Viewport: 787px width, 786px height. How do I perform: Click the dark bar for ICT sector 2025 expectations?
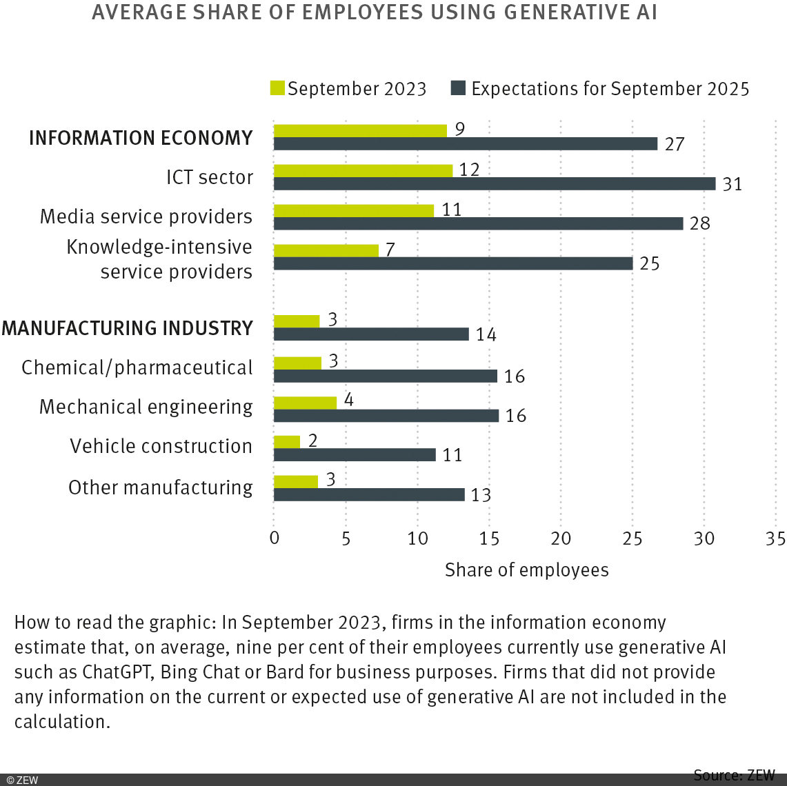pyautogui.click(x=495, y=183)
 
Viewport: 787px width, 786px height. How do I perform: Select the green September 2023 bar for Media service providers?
pyautogui.click(x=354, y=210)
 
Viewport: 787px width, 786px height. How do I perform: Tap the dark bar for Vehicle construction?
pyautogui.click(x=355, y=454)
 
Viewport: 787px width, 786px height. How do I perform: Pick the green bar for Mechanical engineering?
pyautogui.click(x=305, y=403)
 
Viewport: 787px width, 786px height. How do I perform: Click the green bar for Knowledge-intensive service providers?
pyautogui.click(x=326, y=250)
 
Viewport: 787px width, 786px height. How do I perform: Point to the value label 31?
pyautogui.click(x=732, y=185)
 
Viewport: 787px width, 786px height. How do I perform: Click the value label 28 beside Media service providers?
pyautogui.click(x=699, y=224)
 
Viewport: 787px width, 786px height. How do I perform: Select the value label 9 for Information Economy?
pyautogui.click(x=459, y=129)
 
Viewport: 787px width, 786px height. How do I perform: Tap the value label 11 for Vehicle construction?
pyautogui.click(x=452, y=455)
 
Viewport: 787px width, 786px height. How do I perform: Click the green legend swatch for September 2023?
pyautogui.click(x=277, y=88)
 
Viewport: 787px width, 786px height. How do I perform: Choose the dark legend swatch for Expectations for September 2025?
pyautogui.click(x=458, y=88)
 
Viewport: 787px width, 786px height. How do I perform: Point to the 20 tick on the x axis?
pyautogui.click(x=561, y=538)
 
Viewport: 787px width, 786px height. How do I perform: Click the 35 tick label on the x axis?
pyautogui.click(x=775, y=538)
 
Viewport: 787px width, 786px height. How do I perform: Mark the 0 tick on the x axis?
pyautogui.click(x=275, y=538)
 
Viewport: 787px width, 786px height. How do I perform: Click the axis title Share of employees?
pyautogui.click(x=526, y=570)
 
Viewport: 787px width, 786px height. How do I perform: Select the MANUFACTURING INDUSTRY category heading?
pyautogui.click(x=128, y=328)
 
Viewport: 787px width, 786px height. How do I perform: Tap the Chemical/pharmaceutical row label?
pyautogui.click(x=137, y=367)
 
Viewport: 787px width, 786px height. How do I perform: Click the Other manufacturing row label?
pyautogui.click(x=160, y=487)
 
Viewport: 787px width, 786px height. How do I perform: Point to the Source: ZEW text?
pyautogui.click(x=734, y=775)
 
